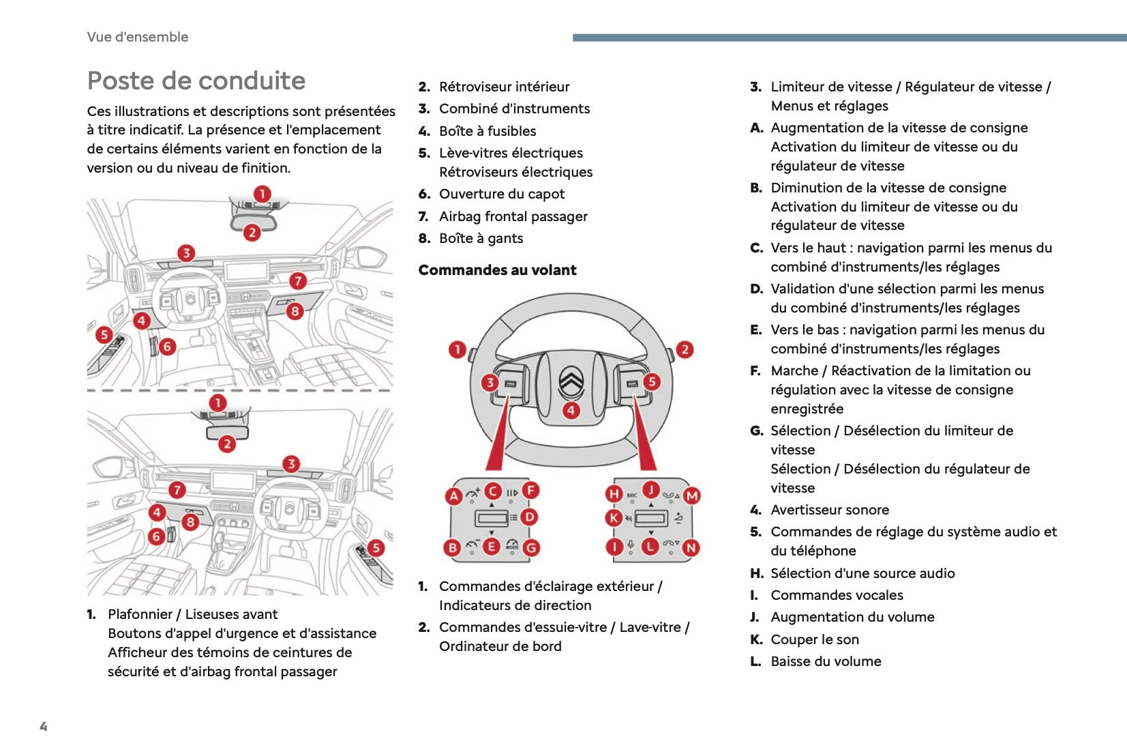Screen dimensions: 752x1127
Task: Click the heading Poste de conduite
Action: (196, 81)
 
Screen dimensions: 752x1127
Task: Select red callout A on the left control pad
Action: (453, 496)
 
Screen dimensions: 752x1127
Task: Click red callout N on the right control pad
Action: (691, 547)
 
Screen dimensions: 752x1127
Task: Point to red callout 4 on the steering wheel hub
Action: (571, 410)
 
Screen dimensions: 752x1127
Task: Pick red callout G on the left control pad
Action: (530, 547)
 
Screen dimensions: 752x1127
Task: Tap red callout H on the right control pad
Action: (614, 493)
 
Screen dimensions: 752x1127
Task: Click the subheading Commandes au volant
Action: (497, 270)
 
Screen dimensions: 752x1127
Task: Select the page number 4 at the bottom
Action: (44, 726)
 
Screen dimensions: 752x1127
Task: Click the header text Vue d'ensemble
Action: (138, 37)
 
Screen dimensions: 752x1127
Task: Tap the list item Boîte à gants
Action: (481, 238)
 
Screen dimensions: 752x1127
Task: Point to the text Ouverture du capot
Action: (502, 194)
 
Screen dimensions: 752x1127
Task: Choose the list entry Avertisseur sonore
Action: (830, 510)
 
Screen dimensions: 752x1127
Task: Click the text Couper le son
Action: (815, 639)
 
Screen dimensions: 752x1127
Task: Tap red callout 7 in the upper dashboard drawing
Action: (297, 280)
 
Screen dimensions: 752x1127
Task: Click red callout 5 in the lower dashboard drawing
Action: (375, 547)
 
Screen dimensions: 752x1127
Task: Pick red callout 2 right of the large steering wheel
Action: (685, 349)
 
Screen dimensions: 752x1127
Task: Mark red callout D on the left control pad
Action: (529, 517)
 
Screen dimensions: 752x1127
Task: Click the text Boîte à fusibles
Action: (487, 131)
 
